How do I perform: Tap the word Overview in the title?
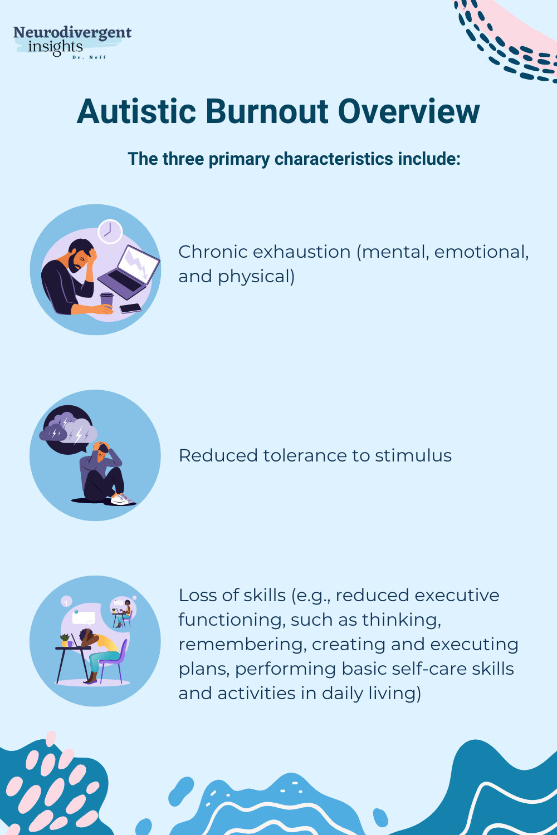point(409,111)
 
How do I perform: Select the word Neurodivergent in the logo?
point(72,33)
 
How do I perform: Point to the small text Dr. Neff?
point(89,57)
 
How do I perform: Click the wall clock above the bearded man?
point(110,231)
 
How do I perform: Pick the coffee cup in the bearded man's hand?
point(106,300)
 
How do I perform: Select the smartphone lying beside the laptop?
point(130,308)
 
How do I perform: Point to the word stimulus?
point(413,456)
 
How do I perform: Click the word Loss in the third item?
point(195,596)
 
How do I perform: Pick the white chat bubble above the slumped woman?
point(84,618)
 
